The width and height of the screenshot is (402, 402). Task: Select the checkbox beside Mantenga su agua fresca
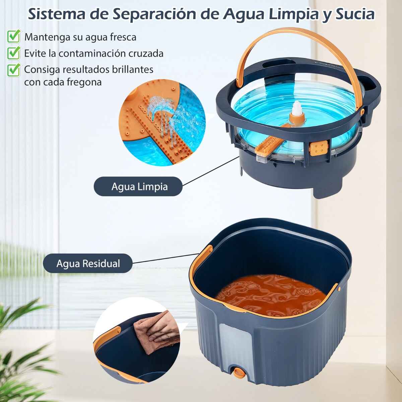pos(14,36)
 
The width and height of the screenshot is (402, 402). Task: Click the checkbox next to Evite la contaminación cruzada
pos(14,53)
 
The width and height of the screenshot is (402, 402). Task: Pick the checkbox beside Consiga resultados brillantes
pos(14,70)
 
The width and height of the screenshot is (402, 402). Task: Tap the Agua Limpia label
pos(138,186)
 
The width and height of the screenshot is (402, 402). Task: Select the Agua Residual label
pos(88,263)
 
